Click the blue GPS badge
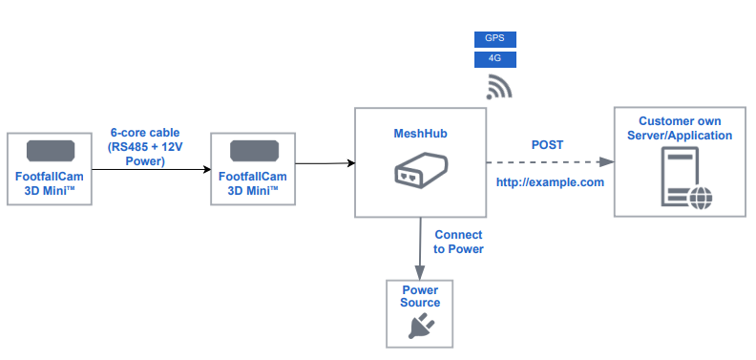[495, 39]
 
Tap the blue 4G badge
[495, 59]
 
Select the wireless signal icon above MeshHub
[498, 87]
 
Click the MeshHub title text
[420, 134]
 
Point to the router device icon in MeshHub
[420, 175]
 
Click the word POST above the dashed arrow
[547, 145]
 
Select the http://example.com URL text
[550, 181]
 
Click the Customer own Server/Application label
[680, 129]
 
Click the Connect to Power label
[458, 242]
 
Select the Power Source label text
[421, 296]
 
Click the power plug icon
[421, 328]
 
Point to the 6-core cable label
[145, 147]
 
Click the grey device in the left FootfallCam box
[51, 152]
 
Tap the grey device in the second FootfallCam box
[254, 152]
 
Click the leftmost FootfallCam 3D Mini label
[51, 183]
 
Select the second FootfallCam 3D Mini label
[254, 183]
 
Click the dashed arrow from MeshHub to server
[549, 162]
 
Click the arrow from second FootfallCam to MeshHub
[325, 164]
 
